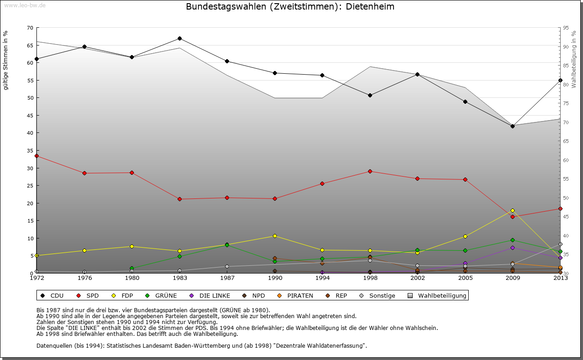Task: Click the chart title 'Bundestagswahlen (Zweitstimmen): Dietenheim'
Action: click(x=290, y=7)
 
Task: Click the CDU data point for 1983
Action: click(x=179, y=38)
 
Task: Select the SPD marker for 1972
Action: click(x=36, y=156)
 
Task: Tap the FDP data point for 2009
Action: click(x=512, y=210)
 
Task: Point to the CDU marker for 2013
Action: click(x=560, y=80)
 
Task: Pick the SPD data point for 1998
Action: click(x=370, y=171)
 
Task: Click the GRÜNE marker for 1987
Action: click(x=227, y=245)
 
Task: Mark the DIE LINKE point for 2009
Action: click(x=512, y=248)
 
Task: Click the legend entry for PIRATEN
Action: click(x=296, y=295)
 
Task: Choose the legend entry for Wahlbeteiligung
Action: click(x=438, y=295)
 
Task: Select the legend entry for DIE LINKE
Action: click(x=210, y=295)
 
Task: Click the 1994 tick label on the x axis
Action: click(x=322, y=278)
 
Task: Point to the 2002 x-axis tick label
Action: click(x=417, y=278)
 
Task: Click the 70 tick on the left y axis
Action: click(x=30, y=28)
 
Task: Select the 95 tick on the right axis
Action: click(x=566, y=28)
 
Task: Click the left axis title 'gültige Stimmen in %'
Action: click(x=6, y=60)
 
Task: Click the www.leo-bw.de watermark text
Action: click(x=25, y=5)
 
